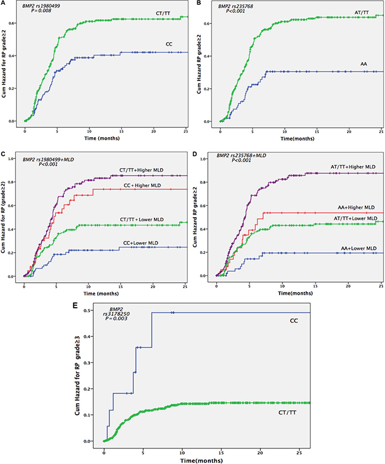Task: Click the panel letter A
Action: click(x=3, y=4)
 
